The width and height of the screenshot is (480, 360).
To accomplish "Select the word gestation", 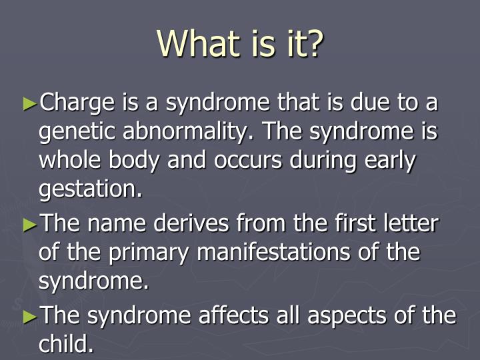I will (90, 190).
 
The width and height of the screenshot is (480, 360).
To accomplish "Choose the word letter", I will (409, 224).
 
